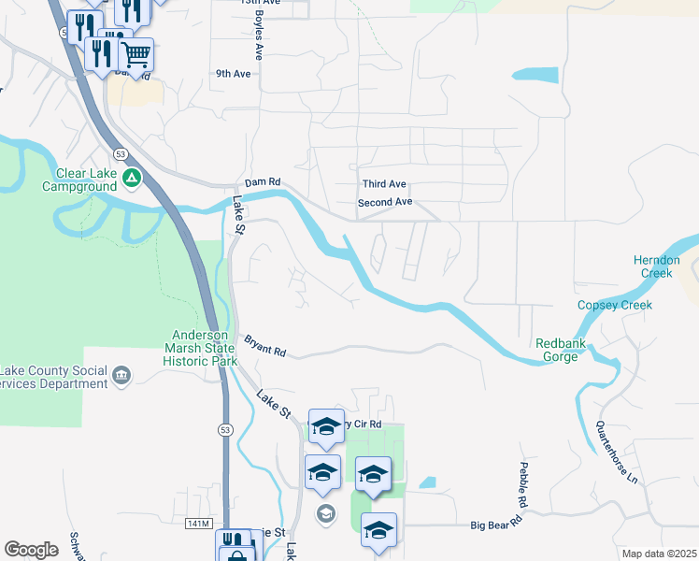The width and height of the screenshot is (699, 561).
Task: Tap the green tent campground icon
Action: click(x=132, y=176)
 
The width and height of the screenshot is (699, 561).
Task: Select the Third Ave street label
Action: click(x=384, y=184)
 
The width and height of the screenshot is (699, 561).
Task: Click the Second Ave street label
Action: click(x=385, y=202)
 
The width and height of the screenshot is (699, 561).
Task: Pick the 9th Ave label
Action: click(x=234, y=73)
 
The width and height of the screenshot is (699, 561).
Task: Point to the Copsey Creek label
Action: click(x=614, y=305)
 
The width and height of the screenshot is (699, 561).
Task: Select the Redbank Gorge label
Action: click(x=560, y=350)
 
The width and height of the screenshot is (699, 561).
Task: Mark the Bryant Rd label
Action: click(x=264, y=345)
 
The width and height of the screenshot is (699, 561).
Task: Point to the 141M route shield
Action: click(x=200, y=523)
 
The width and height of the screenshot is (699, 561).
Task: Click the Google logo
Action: click(x=31, y=550)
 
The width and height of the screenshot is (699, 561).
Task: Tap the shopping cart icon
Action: click(x=136, y=54)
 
